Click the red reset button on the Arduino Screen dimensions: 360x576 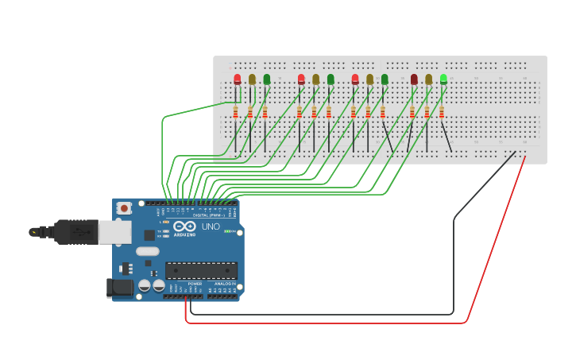point(124,208)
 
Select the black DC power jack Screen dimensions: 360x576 point(120,288)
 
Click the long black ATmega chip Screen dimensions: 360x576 point(201,270)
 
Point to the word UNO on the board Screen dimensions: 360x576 point(211,226)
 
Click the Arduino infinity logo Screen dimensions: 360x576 point(184,226)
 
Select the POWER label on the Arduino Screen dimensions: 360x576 point(195,284)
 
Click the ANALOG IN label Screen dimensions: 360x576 point(225,284)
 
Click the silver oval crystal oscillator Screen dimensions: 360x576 point(147,251)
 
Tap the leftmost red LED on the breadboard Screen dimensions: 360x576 point(238,79)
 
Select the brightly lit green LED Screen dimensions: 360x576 point(443,79)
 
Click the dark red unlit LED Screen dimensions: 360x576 point(414,79)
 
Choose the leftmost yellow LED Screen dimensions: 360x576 point(252,79)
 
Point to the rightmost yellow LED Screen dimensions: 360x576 point(428,79)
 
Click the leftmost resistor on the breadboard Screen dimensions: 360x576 point(236,111)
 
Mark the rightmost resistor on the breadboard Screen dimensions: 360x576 point(442,111)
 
